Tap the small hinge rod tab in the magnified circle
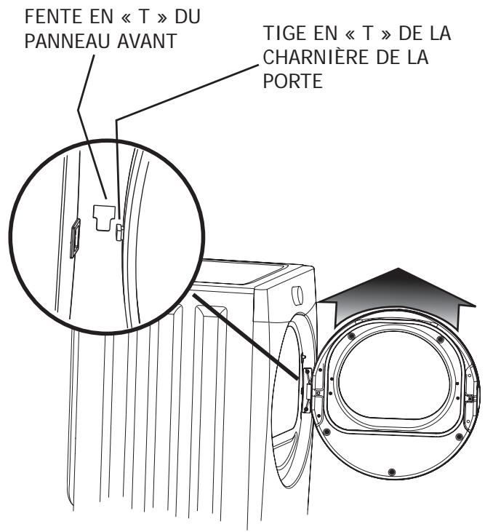(x=120, y=231)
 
